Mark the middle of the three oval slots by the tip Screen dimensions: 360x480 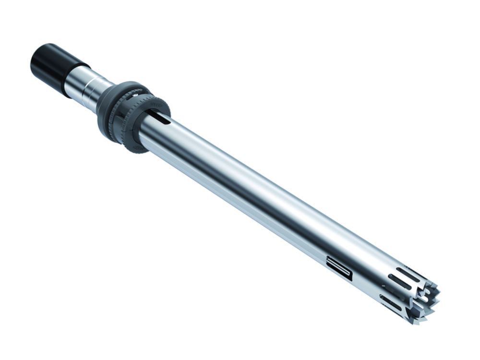click(398, 283)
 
